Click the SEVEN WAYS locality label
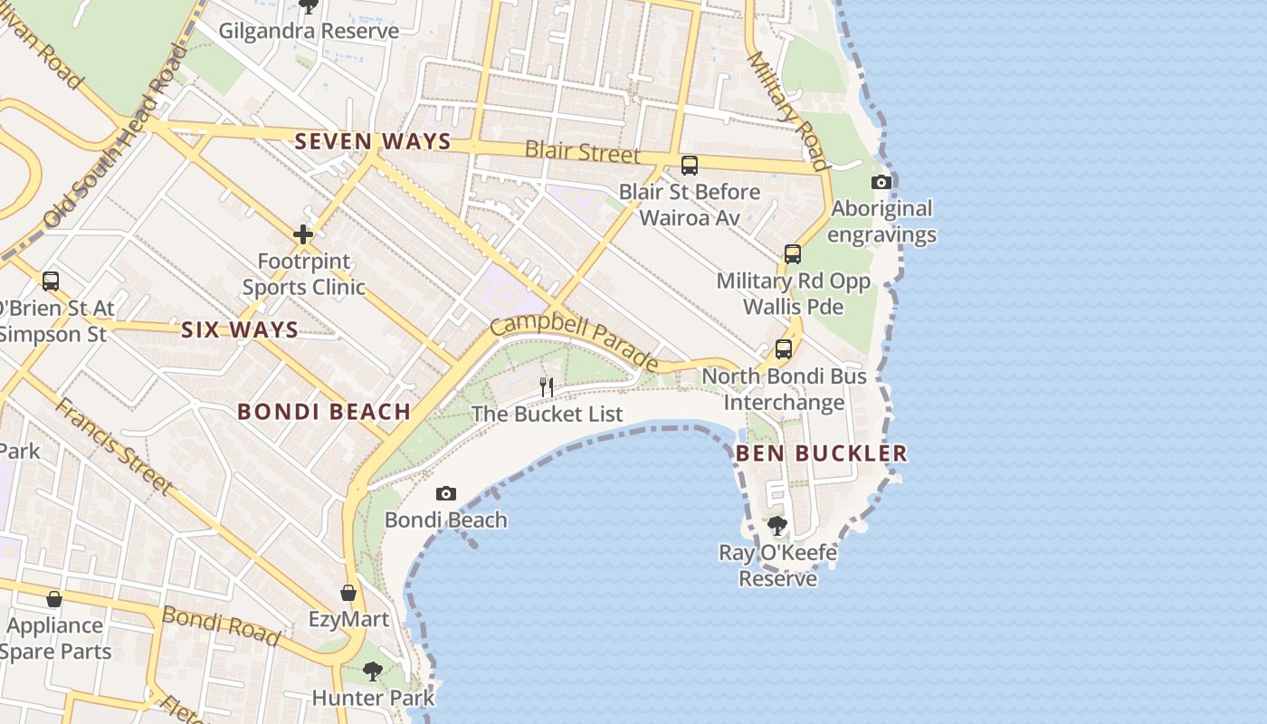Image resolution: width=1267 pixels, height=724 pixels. [373, 141]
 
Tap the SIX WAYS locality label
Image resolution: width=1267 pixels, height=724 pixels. [240, 329]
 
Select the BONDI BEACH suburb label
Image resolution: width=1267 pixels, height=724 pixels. [324, 412]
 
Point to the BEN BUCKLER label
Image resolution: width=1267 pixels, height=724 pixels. [821, 453]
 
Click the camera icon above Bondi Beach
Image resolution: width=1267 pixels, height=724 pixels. [445, 493]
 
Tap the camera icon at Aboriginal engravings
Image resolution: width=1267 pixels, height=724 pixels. [881, 182]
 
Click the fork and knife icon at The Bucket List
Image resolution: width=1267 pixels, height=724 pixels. [547, 387]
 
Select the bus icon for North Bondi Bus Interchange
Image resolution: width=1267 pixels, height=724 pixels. [784, 349]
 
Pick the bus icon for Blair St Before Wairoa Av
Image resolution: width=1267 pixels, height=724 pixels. [690, 166]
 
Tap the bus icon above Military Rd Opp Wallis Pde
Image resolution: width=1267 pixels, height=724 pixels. [793, 254]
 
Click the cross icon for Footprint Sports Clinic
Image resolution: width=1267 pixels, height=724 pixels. [303, 235]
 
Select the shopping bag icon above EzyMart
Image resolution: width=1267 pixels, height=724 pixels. [348, 593]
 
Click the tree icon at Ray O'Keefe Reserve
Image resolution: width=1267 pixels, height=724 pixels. [776, 526]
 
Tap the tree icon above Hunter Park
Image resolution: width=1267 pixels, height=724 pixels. [372, 672]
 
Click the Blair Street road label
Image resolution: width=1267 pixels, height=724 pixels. [582, 151]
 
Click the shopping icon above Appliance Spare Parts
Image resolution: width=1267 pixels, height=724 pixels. [54, 599]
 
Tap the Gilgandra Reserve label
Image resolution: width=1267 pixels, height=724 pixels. [309, 31]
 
